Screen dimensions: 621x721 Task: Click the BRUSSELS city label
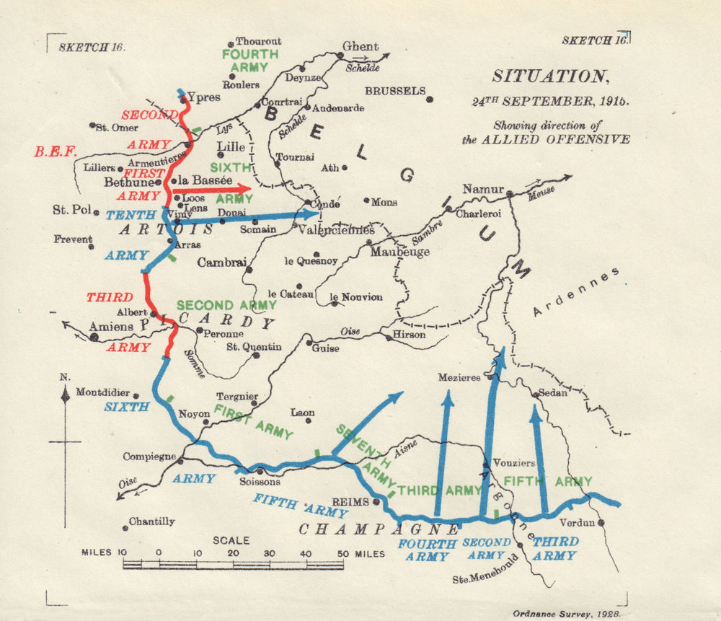tap(394, 91)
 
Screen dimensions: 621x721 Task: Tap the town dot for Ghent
tap(340, 55)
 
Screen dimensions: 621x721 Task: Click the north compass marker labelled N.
tap(66, 394)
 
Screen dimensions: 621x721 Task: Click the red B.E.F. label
tap(55, 152)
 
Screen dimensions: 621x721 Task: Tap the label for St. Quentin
tap(254, 347)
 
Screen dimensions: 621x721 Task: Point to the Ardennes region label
tap(576, 292)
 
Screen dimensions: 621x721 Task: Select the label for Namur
tap(482, 189)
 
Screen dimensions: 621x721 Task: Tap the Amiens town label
tap(112, 327)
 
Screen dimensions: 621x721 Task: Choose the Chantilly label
tap(151, 521)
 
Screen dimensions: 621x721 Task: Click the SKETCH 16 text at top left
tap(91, 47)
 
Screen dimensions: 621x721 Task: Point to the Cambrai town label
tap(222, 263)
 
